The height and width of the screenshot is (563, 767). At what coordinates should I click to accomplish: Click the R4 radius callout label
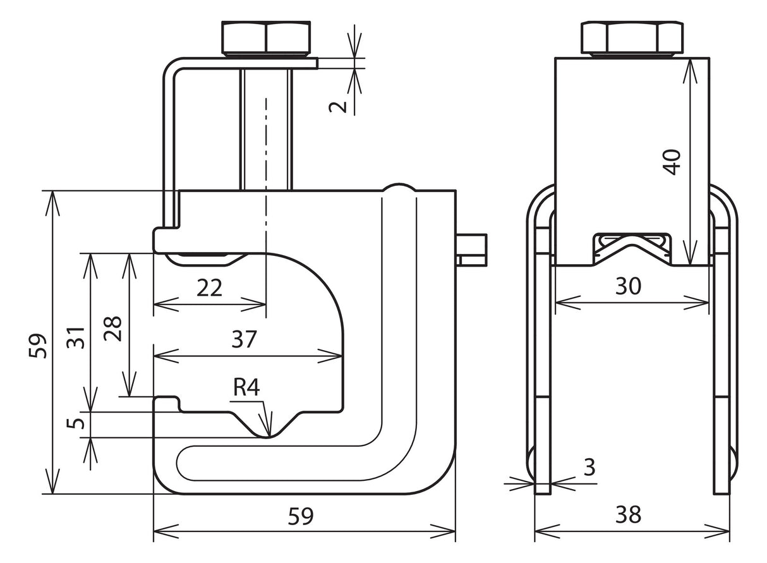[x=246, y=388]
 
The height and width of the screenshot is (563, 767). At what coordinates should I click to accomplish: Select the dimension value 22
[x=209, y=288]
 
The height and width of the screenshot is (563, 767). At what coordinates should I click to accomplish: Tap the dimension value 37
[x=244, y=339]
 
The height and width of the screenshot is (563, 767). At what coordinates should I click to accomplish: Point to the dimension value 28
[x=113, y=329]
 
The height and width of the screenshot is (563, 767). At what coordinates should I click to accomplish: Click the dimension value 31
[x=76, y=337]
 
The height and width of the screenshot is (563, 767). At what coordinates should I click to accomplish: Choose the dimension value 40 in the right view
[x=672, y=162]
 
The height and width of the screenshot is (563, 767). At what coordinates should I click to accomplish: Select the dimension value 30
[x=628, y=286]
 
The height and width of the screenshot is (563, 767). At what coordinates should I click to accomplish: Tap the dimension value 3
[x=589, y=467]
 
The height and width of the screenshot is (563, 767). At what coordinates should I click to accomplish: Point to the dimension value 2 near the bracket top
[x=337, y=107]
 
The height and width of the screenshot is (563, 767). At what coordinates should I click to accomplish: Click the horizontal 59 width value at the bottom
[x=301, y=516]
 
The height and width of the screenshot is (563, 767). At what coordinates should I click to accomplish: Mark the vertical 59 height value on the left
[x=38, y=346]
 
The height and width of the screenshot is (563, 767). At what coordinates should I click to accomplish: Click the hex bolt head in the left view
[x=266, y=38]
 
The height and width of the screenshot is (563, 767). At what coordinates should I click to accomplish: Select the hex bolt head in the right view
[x=632, y=39]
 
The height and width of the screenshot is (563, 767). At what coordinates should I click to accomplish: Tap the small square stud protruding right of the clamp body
[x=471, y=250]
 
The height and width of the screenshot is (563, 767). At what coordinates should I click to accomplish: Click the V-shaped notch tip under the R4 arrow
[x=270, y=437]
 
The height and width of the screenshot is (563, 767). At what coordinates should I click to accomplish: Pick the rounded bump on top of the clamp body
[x=399, y=188]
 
